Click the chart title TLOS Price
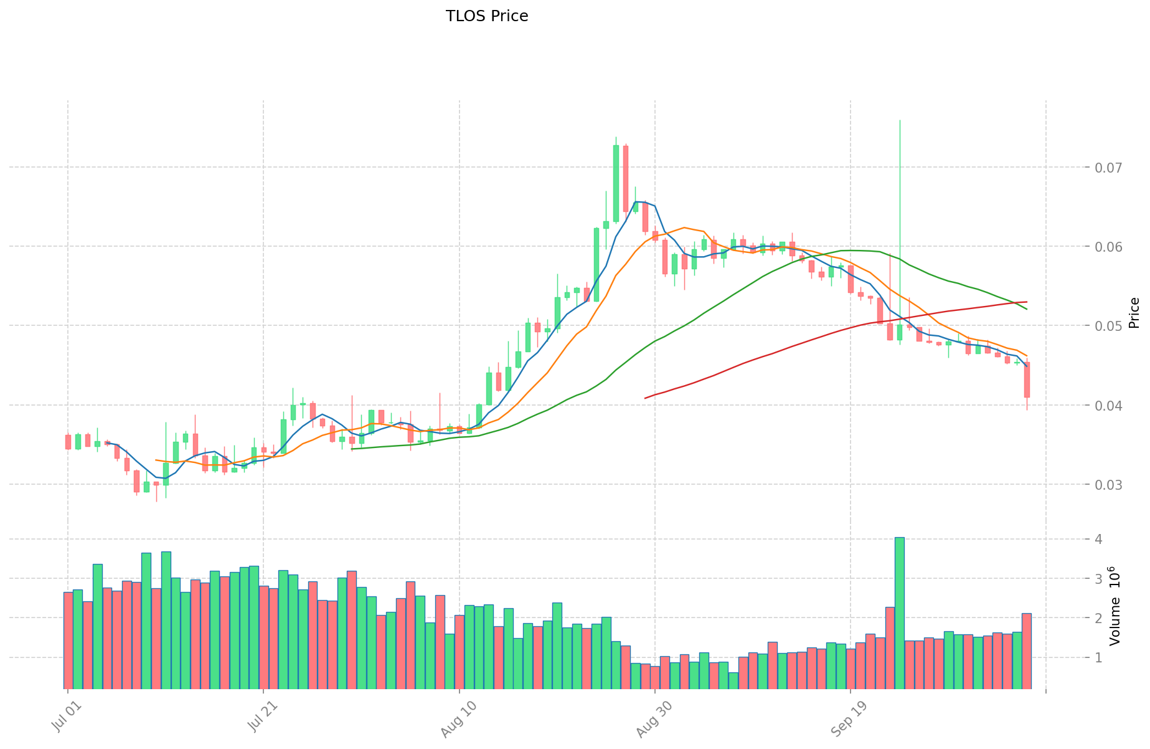(x=486, y=16)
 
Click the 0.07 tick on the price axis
(x=1105, y=168)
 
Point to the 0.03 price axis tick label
(x=1105, y=485)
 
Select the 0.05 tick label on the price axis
(x=1105, y=326)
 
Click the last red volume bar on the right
(x=1026, y=651)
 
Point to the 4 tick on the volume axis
(x=1099, y=539)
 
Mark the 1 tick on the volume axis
(x=1099, y=658)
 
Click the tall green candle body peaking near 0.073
(x=616, y=183)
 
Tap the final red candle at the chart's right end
(x=1027, y=379)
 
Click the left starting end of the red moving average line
(x=645, y=398)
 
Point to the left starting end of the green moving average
(x=352, y=449)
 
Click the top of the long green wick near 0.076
(x=900, y=120)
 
